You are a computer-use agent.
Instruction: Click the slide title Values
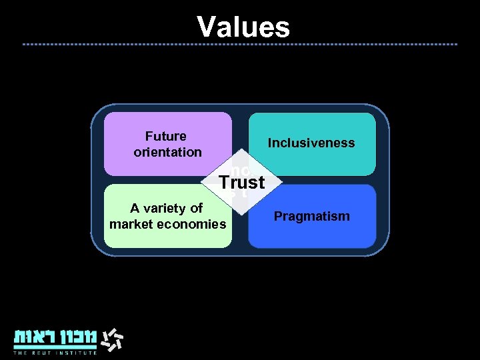coord(243,27)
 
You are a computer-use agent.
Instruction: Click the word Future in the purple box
coord(166,136)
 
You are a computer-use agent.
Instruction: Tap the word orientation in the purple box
coord(167,152)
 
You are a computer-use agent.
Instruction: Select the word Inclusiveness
coord(311,143)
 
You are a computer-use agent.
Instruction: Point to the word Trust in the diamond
coord(242,182)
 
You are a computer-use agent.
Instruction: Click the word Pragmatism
coord(311,216)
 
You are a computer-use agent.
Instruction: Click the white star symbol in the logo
coord(113,339)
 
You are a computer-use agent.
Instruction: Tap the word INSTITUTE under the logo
coord(77,353)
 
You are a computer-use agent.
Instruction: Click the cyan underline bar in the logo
coord(55,347)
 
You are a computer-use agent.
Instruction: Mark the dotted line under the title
coord(240,44)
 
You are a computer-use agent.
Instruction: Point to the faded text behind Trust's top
coord(239,169)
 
